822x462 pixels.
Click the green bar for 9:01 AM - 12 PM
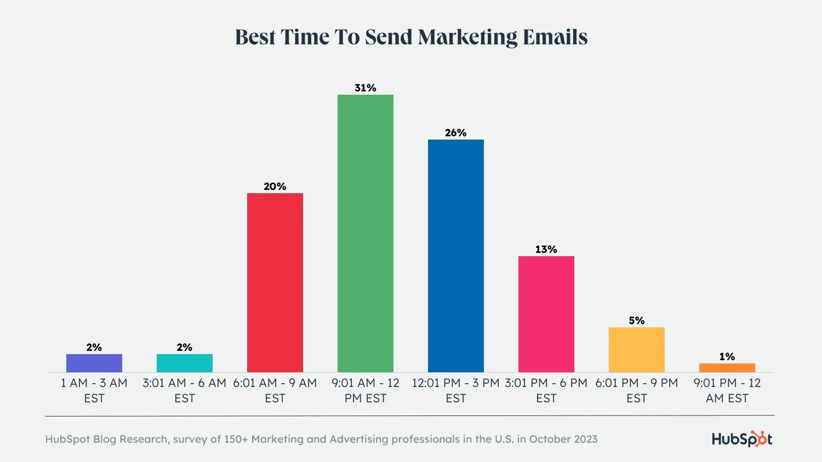coord(366,233)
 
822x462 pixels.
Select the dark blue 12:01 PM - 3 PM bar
coord(456,256)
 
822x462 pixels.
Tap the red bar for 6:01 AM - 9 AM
coord(275,282)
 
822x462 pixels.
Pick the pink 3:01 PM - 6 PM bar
coord(546,314)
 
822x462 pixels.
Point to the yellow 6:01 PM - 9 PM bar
coord(637,350)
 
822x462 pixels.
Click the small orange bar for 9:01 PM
coord(727,368)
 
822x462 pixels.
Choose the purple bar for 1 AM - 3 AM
coord(94,363)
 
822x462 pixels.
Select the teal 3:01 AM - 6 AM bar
coord(185,363)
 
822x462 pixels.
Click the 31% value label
coord(366,88)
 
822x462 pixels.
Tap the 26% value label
coord(456,132)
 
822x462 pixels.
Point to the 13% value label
coord(546,249)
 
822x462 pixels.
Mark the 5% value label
coord(637,320)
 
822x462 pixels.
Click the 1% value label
coord(727,356)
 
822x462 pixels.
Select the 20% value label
coord(275,186)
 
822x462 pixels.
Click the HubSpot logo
coord(742,438)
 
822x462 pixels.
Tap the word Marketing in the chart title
coord(467,37)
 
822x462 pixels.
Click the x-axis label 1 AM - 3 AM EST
coord(94,390)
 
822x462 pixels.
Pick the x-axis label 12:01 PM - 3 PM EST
coord(456,390)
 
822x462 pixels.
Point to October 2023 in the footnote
coord(563,439)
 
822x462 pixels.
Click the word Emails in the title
coord(555,37)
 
